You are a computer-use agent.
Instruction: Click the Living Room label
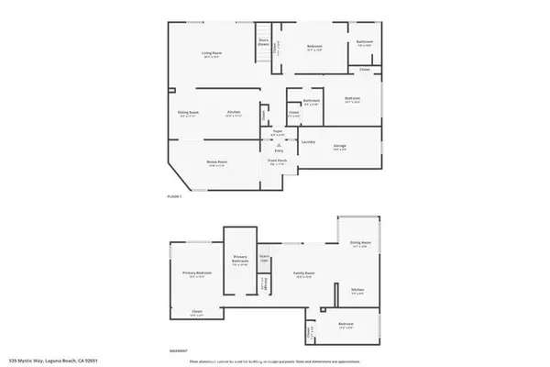click(213, 54)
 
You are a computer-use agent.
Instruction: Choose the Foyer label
click(275, 134)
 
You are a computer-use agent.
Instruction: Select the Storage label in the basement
click(264, 287)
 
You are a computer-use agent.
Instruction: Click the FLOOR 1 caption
click(174, 196)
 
